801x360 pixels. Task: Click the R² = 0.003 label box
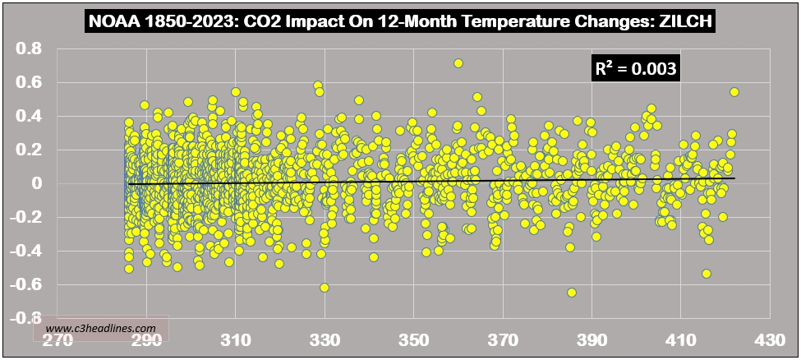click(635, 69)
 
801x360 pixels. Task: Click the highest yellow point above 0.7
click(458, 63)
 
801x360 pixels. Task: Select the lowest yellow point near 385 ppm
click(572, 292)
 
